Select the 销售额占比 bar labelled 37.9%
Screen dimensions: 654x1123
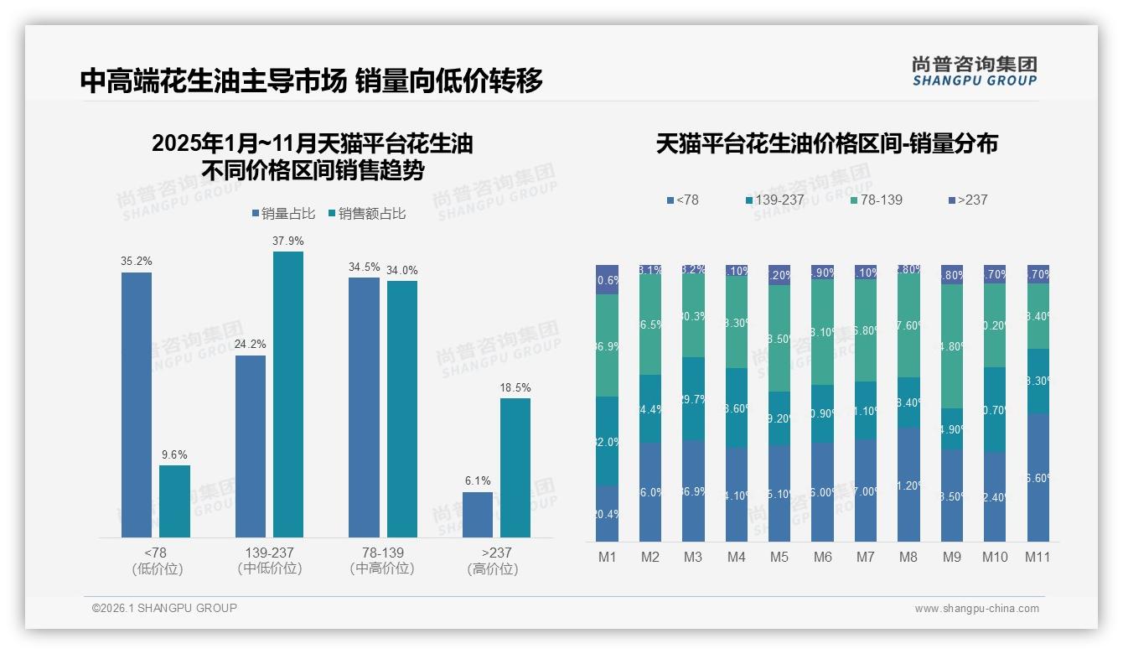tap(288, 394)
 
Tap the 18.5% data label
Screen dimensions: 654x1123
tap(515, 388)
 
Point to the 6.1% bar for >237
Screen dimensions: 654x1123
tap(478, 514)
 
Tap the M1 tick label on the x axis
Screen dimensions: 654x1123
tap(608, 557)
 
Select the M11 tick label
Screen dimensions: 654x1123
tap(1038, 557)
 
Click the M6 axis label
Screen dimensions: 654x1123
tap(822, 557)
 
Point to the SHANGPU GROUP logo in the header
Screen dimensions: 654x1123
tap(974, 71)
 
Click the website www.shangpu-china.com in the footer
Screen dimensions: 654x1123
tap(976, 609)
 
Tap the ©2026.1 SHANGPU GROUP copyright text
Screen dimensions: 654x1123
tap(164, 608)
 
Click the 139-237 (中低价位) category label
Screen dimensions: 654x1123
tap(269, 560)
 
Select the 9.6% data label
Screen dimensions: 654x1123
tap(174, 455)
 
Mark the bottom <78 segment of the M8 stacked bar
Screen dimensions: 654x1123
tap(908, 484)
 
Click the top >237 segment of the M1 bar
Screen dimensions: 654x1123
tap(608, 279)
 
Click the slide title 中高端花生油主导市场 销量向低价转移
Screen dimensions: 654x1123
tap(311, 80)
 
